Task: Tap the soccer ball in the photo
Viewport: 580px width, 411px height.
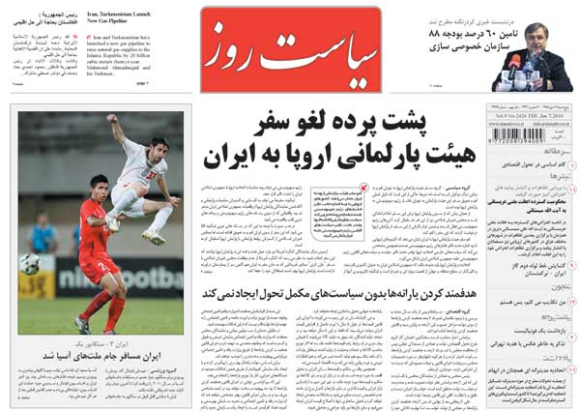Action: (30, 263)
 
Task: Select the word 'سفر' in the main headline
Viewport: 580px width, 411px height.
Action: (281, 124)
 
